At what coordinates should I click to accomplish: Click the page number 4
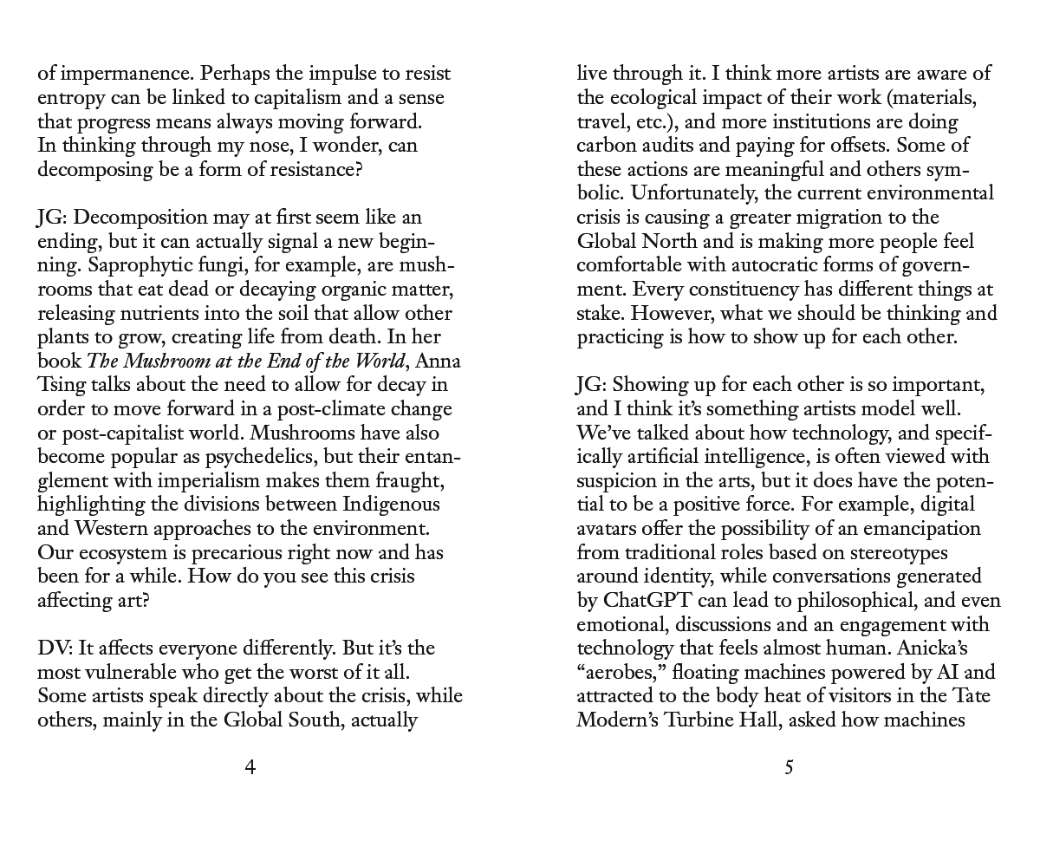(250, 767)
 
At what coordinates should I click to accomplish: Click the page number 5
(789, 767)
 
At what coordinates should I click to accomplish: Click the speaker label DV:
(55, 648)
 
